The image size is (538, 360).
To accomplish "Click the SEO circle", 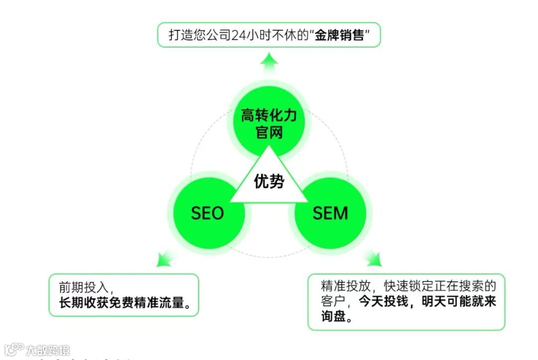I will point(208,214).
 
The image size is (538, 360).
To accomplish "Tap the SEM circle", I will point(330,214).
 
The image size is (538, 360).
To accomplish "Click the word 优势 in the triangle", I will point(269,182).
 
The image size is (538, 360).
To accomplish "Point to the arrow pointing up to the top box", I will point(269,63).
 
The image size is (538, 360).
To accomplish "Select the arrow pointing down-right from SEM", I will point(373,258).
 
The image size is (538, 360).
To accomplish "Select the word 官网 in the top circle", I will point(269,133).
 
